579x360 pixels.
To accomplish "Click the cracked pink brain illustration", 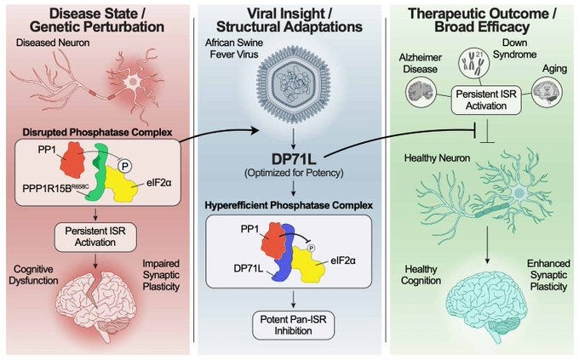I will tap(96, 297).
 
